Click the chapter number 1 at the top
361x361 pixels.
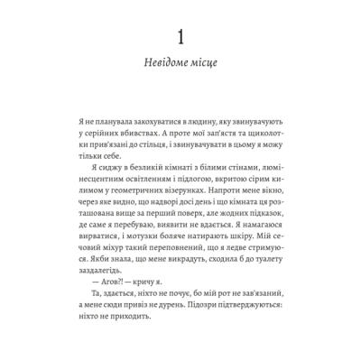[x=180, y=37]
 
